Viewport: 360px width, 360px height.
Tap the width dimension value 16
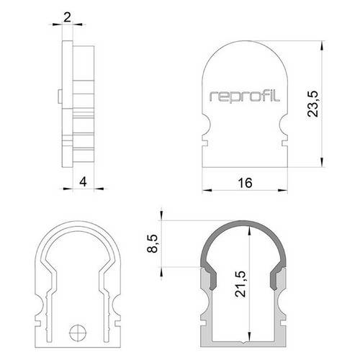pyautogui.click(x=246, y=183)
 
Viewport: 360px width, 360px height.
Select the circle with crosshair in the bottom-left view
pyautogui.click(x=78, y=332)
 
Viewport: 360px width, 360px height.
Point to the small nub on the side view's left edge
pyautogui.click(x=57, y=96)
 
